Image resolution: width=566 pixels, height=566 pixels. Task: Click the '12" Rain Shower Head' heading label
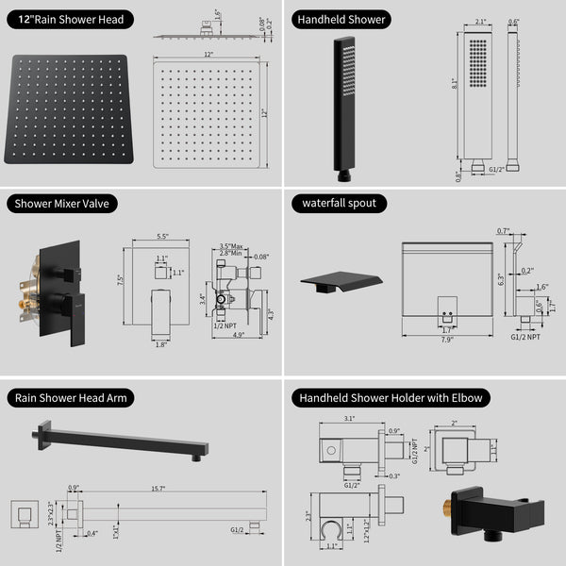69,19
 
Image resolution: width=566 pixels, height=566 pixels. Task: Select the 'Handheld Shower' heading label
342,19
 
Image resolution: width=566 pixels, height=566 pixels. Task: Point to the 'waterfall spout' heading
340,203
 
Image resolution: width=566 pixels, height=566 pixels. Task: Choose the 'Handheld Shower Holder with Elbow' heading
390,398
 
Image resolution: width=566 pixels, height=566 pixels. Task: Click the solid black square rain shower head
72,111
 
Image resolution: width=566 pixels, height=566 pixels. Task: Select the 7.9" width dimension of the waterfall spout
447,341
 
